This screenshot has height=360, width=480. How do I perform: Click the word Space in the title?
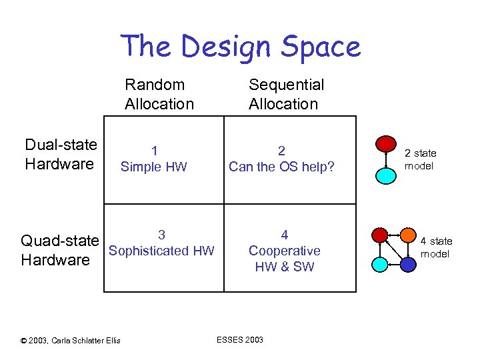click(319, 47)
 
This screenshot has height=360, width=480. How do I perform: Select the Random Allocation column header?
click(159, 94)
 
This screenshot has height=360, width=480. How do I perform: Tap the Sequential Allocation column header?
click(286, 94)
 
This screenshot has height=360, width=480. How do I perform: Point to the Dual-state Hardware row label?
click(61, 155)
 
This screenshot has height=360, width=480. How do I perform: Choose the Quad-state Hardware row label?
click(60, 250)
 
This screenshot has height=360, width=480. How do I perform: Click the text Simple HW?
click(154, 167)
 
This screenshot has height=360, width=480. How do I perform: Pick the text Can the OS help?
click(281, 167)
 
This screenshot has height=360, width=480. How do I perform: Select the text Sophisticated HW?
click(161, 251)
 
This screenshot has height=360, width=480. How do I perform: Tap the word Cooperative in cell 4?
click(284, 251)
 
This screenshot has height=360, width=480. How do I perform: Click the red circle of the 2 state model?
click(385, 143)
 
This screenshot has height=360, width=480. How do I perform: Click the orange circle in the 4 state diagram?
click(409, 235)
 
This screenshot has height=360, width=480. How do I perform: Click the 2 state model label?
click(420, 160)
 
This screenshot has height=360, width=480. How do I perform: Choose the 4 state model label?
click(436, 247)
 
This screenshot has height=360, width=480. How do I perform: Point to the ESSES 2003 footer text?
click(240, 340)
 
